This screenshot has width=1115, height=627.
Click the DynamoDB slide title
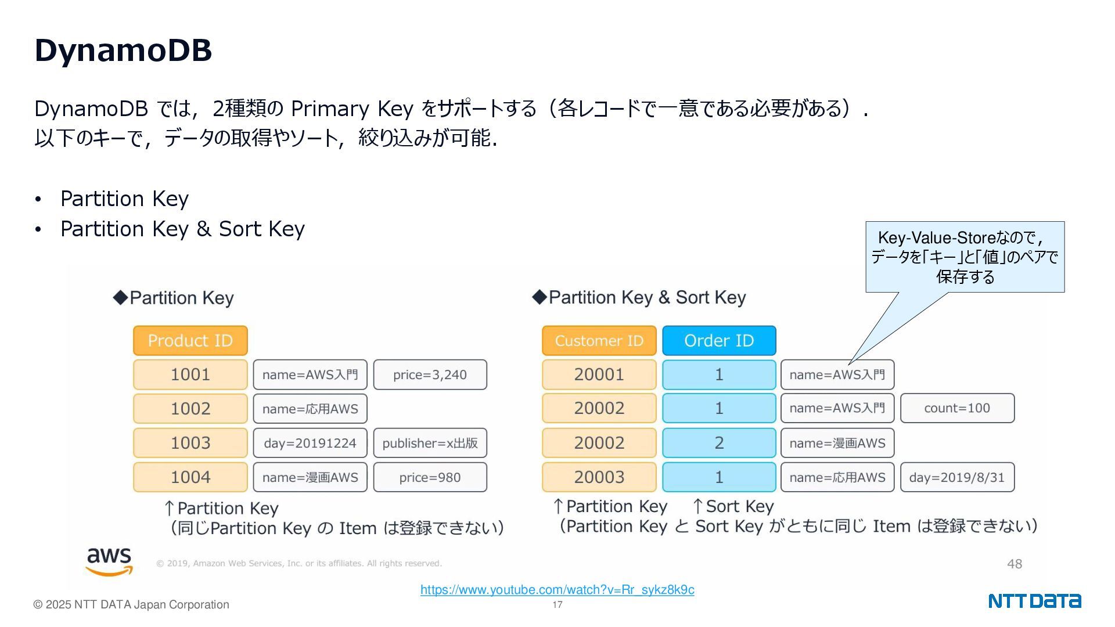click(x=123, y=50)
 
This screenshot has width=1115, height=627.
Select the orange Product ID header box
click(x=190, y=341)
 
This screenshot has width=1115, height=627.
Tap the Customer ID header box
click(x=599, y=341)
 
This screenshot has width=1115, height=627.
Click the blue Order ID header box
click(x=719, y=341)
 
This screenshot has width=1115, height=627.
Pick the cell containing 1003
click(x=190, y=443)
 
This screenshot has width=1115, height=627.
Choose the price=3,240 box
click(x=430, y=375)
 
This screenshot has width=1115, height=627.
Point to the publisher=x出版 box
click(x=430, y=443)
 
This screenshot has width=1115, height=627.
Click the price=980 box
click(x=430, y=477)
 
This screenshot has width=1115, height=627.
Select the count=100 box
click(x=957, y=408)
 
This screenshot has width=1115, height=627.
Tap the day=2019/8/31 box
click(x=957, y=477)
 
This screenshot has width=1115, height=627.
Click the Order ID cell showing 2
click(x=719, y=443)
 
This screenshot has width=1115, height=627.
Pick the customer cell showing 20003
click(x=599, y=477)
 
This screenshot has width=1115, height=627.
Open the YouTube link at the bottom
click(x=557, y=590)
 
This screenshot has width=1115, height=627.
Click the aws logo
click(x=109, y=561)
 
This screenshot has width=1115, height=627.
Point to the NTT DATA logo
click(x=1034, y=601)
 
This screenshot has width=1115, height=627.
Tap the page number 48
click(x=1014, y=564)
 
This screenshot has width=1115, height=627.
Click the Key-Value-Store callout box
click(x=965, y=257)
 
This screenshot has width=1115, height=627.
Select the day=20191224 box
click(x=310, y=443)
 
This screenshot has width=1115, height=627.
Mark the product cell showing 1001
click(x=190, y=375)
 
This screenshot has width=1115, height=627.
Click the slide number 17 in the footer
click(x=557, y=605)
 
